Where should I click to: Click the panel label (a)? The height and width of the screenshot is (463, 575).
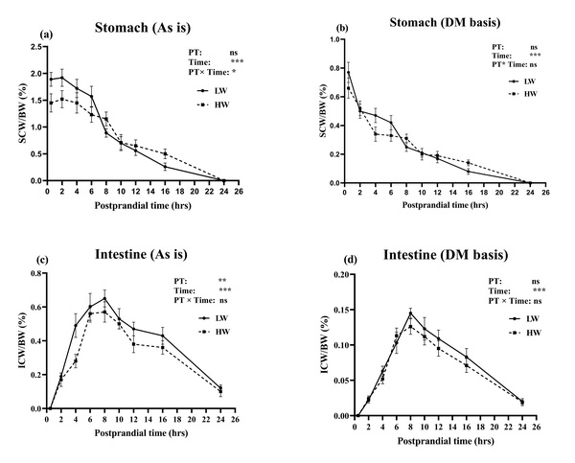[x=44, y=35]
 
